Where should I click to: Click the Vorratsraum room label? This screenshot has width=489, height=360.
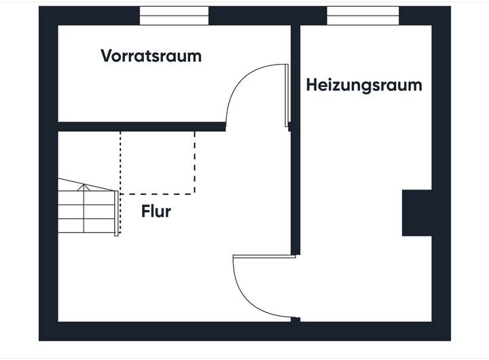point(151,56)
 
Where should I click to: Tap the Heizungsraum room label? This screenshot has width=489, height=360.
point(364,85)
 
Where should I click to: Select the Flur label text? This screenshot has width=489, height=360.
point(156,211)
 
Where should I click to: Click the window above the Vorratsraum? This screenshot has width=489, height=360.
point(174,16)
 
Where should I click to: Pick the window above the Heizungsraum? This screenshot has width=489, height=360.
point(363,16)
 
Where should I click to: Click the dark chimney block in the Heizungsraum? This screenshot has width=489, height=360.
point(417,213)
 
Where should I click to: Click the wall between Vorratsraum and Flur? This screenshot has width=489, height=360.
point(141,126)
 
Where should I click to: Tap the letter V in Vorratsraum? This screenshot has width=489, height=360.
point(107,56)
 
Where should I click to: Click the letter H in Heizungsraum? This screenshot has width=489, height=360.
point(312,84)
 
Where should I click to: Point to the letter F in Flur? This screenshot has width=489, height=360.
point(145,211)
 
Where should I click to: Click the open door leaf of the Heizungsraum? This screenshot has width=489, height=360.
point(264,257)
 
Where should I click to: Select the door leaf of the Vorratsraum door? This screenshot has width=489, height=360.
point(287,96)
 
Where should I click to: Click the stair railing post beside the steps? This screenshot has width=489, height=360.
point(116,213)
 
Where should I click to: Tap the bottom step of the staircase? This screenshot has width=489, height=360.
point(86,226)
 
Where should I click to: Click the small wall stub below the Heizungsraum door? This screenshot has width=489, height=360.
point(295,320)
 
